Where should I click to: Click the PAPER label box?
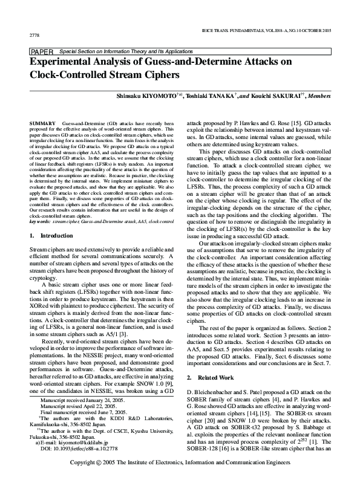pos(42,53)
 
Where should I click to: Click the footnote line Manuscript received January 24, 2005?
pos(82,400)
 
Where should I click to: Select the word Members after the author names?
pos(319,96)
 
